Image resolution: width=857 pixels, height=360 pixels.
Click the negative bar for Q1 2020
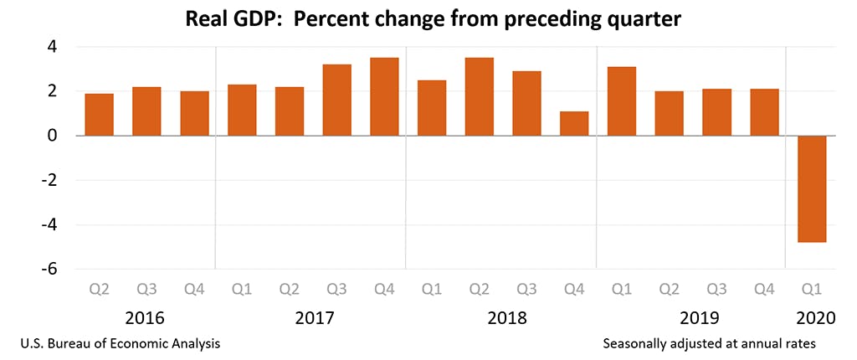point(812,188)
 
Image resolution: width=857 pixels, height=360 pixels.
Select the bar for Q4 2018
point(574,123)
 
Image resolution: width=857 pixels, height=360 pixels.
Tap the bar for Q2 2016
point(100,115)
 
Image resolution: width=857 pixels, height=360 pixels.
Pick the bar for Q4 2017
point(384,96)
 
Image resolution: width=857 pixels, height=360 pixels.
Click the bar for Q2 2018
point(480,96)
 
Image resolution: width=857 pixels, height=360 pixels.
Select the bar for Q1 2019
point(622,101)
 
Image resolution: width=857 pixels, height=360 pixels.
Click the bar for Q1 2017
point(242,110)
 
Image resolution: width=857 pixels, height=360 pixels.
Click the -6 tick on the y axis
point(49,269)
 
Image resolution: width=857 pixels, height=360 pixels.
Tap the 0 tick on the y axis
point(52,136)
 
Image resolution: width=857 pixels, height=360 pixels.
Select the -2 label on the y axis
point(49,180)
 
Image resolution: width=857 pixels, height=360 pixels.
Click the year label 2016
point(145,318)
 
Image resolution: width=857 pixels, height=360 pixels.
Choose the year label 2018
point(507,318)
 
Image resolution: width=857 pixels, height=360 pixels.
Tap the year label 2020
point(812,318)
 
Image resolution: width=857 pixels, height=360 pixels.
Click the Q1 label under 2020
point(812,290)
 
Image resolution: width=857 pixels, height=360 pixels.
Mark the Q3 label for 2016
point(146,290)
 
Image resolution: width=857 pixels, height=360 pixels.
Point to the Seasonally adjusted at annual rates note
point(708,343)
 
